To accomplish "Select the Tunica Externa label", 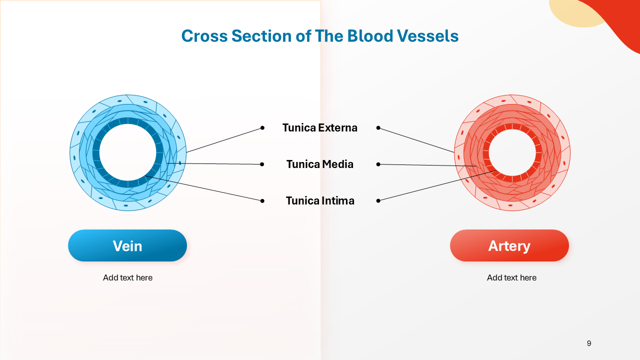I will pos(320,127).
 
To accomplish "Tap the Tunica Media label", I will pos(320,164).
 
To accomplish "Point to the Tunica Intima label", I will pos(320,200).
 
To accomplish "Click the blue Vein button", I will pos(127,245).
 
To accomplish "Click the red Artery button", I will pos(509,245).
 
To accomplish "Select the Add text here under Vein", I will pos(127,277).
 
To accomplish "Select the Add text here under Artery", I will pos(511,277).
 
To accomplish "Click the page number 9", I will pos(589,343).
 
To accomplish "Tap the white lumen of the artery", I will pos(512,152).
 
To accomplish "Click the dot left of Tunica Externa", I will pos(262,128).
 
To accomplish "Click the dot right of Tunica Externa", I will pos(378,128).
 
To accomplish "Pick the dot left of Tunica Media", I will pos(262,164).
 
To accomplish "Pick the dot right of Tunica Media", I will pos(378,164).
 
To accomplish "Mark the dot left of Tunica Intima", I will pos(262,200).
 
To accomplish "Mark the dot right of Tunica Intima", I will pos(378,200).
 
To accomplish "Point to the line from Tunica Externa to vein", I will pos(224,140).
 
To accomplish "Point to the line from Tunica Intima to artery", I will pos(436,186).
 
